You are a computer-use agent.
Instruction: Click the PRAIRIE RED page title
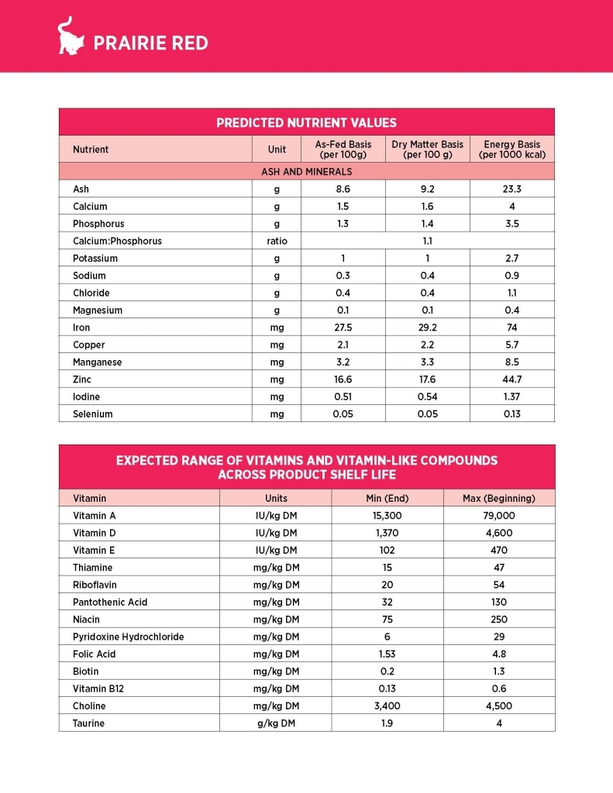[150, 43]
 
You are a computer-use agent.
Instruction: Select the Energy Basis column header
[511, 149]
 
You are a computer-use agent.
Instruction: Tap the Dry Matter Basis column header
[427, 149]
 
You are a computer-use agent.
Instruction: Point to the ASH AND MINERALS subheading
[306, 171]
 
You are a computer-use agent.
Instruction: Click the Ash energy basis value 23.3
[511, 189]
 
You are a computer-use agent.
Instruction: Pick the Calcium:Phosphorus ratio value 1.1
[427, 241]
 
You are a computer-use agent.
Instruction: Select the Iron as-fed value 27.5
[343, 328]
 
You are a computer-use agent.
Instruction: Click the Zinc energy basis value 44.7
[511, 379]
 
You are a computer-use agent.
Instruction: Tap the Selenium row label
[93, 414]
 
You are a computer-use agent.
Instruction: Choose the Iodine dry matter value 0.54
[427, 396]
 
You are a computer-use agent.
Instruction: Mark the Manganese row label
[98, 362]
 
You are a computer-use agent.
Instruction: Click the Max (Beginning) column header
[498, 498]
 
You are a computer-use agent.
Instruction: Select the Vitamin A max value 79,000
[498, 515]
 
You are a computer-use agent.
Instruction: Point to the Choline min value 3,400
[387, 705]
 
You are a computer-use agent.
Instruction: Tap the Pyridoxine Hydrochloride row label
[129, 637]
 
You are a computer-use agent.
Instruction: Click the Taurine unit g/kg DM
[276, 723]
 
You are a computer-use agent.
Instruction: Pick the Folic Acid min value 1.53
[387, 654]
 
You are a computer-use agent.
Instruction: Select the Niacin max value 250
[498, 620]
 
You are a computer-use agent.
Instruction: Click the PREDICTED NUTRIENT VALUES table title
[306, 122]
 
